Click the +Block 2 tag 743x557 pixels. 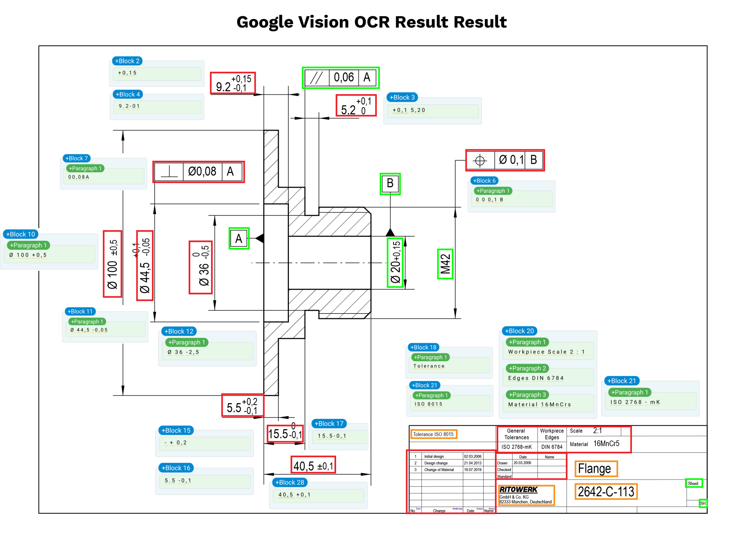coord(127,61)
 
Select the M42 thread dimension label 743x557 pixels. coord(445,264)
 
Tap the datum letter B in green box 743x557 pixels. coord(390,183)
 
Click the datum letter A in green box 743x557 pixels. coord(239,238)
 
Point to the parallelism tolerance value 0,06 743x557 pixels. coord(344,78)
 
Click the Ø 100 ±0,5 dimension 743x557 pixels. coord(112,264)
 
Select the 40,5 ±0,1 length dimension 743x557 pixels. coord(313,466)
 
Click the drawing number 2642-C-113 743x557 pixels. coord(606,492)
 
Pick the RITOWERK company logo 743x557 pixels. coord(518,490)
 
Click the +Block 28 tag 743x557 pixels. coord(289,482)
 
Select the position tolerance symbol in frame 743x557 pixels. coord(480,160)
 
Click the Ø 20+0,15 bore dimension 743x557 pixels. coord(395,262)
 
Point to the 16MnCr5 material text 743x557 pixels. coord(606,443)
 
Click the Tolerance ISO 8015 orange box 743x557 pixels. coord(433,434)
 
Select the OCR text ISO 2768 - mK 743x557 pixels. coord(635,402)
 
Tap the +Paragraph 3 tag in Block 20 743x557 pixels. coord(527,395)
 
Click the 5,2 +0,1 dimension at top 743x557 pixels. coord(356,106)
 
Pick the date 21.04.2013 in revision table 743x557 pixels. coord(473,463)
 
